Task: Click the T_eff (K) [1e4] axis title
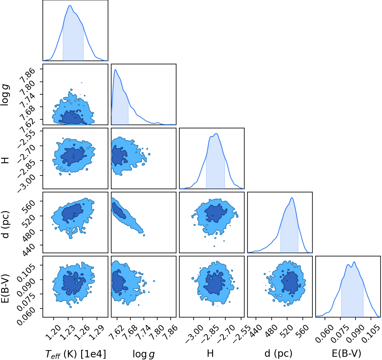(76, 354)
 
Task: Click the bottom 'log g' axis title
(144, 354)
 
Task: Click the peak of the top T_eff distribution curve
(70, 6)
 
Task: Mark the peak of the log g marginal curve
(115, 70)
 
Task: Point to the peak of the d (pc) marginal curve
(292, 198)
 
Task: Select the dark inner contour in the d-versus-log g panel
(119, 211)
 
